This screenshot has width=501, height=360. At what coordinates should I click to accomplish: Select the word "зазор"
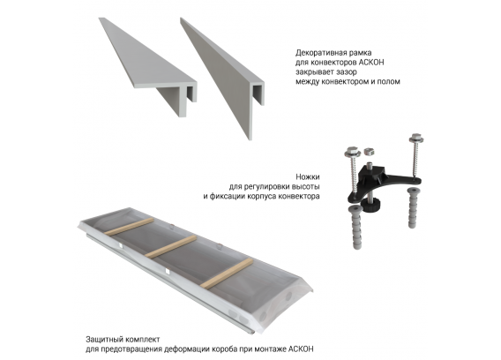[347, 71]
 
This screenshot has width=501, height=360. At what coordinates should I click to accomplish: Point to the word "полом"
[389, 81]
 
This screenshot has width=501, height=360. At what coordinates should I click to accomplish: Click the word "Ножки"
[307, 176]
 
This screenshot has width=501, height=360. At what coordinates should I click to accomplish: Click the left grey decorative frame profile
[147, 65]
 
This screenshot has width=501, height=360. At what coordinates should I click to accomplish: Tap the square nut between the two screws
[369, 151]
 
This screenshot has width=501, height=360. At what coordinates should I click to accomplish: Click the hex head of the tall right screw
[416, 137]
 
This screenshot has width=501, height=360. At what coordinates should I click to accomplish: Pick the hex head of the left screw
[351, 150]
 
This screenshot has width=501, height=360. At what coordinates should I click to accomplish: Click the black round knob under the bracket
[370, 206]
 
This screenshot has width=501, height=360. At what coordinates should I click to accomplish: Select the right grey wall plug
[412, 208]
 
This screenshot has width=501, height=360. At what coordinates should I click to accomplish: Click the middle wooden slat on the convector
[169, 247]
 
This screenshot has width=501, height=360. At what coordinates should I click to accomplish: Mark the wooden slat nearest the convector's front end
[227, 274]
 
